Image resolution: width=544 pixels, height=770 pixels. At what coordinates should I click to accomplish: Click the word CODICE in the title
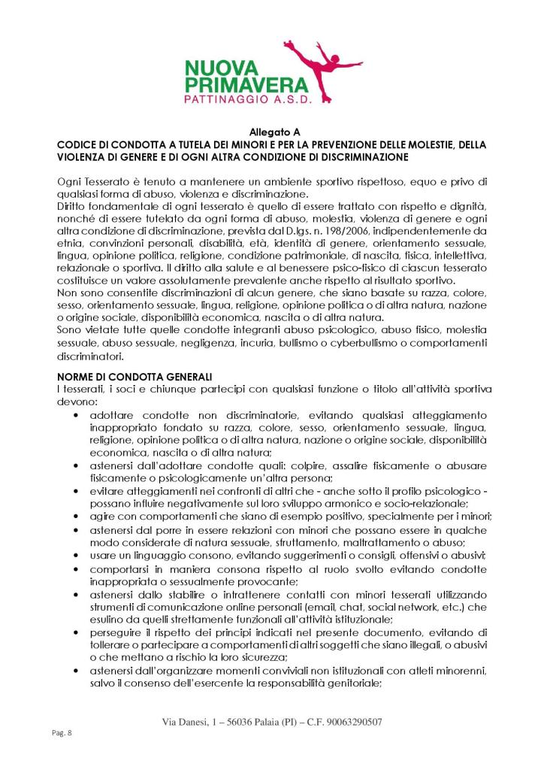[x=77, y=144]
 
